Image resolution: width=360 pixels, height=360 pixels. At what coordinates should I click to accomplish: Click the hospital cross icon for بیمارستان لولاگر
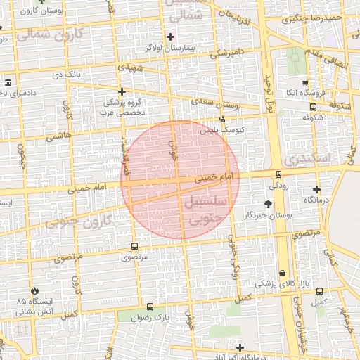pyautogui.click(x=170, y=36)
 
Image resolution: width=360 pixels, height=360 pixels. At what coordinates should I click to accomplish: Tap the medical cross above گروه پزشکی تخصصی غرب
pyautogui.click(x=122, y=91)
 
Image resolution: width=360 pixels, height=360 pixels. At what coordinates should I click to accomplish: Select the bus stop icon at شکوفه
pyautogui.click(x=313, y=107)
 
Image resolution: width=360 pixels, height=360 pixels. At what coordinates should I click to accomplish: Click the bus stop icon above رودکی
pyautogui.click(x=278, y=174)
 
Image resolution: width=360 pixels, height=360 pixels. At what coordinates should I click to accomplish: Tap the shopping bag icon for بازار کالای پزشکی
pyautogui.click(x=282, y=274)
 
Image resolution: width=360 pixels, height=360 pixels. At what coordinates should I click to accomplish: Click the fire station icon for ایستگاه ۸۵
pyautogui.click(x=34, y=290)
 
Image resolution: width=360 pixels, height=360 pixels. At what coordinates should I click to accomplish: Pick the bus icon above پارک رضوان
pyautogui.click(x=150, y=307)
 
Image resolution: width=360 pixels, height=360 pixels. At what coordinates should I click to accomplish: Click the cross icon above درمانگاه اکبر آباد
pyautogui.click(x=240, y=347)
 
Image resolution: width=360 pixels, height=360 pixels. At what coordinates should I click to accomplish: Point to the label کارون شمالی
pyautogui.click(x=49, y=33)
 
